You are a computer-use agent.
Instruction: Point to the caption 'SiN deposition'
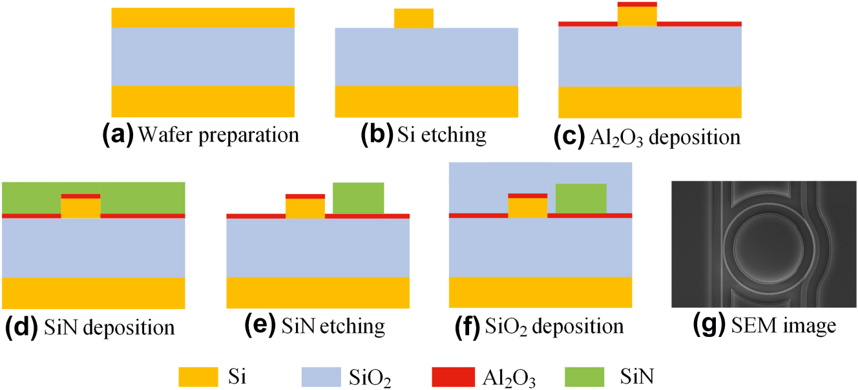(110, 327)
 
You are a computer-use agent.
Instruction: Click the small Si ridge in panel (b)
(413, 18)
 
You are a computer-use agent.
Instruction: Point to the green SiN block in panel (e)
(358, 198)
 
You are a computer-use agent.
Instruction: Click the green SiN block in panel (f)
(581, 199)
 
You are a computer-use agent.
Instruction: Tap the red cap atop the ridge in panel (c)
(637, 4)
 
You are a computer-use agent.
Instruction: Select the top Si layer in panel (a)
(203, 17)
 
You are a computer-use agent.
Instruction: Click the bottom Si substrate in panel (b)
(426, 102)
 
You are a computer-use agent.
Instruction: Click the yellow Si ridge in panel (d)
(81, 208)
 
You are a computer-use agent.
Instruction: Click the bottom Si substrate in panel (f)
(540, 292)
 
